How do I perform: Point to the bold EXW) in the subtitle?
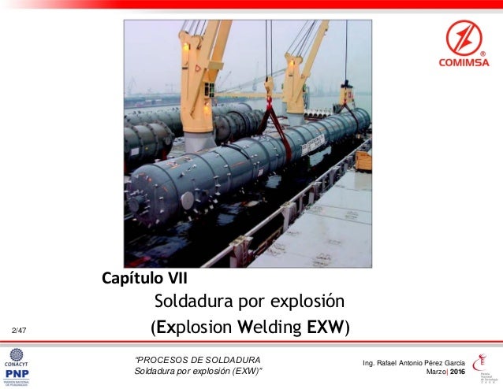pyautogui.click(x=329, y=326)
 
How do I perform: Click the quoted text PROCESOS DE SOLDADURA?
pyautogui.click(x=193, y=359)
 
